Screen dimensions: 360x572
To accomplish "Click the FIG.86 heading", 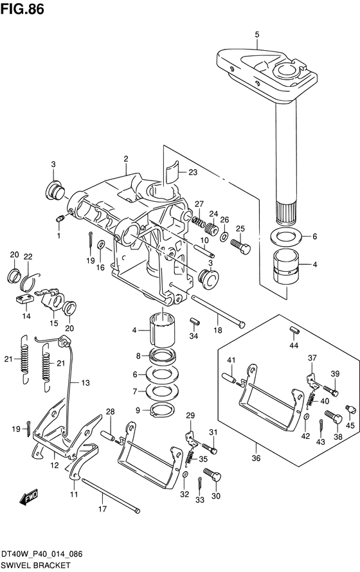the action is [22, 9].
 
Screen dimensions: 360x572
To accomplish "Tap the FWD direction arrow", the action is [28, 497].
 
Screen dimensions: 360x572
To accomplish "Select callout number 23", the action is [192, 172].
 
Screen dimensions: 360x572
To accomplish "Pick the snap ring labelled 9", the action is [162, 410].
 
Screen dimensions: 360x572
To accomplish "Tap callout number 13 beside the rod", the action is [85, 382].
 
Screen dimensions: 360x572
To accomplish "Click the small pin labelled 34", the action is [194, 322].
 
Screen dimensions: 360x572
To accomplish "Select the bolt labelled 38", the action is [333, 416].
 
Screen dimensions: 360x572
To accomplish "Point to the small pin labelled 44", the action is [294, 330].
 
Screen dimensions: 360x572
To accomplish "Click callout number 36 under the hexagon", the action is [256, 458].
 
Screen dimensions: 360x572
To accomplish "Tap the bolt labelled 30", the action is [212, 475].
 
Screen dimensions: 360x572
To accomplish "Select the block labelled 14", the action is [25, 299].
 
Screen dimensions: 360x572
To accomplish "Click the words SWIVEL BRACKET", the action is [35, 565].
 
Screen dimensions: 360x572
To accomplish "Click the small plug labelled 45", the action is [350, 409].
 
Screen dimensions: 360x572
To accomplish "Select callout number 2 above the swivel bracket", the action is [126, 159].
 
